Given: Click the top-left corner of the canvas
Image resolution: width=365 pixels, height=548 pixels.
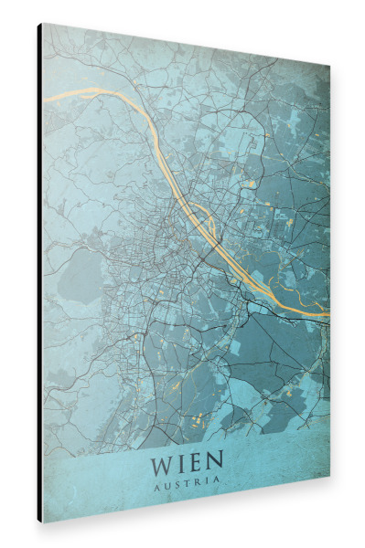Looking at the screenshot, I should point(43,24).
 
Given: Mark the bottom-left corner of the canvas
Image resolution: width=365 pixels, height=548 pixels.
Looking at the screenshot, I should point(43,522).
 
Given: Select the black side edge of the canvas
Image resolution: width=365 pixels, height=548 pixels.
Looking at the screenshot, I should point(40,274).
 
